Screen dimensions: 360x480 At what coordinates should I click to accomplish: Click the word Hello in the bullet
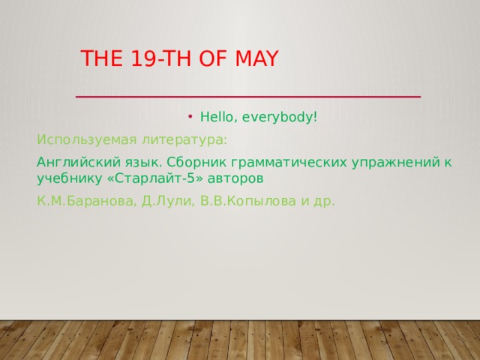coord(217,118)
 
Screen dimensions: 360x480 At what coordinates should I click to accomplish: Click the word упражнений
coord(387,163)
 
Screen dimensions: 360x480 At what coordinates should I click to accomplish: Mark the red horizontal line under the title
coord(247,97)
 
